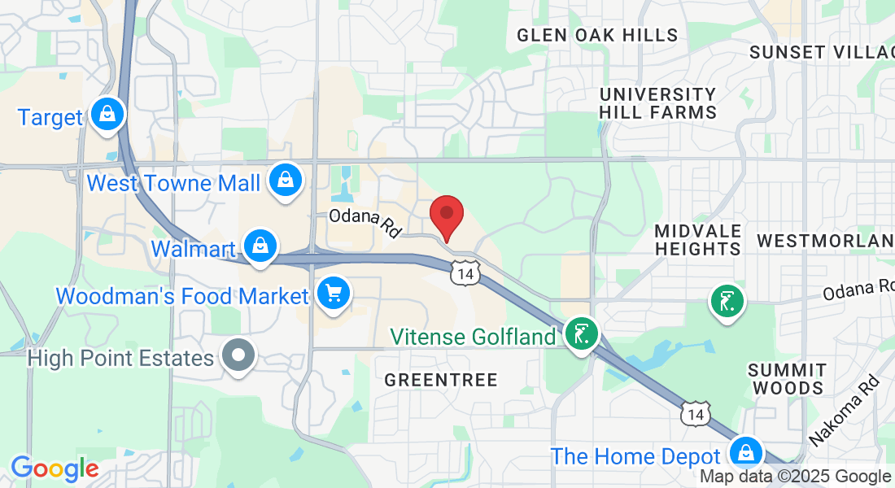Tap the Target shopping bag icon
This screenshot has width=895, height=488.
click(x=107, y=115)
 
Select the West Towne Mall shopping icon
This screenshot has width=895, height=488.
click(x=286, y=180)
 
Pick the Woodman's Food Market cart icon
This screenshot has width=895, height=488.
click(x=333, y=294)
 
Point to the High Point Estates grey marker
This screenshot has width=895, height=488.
click(x=238, y=355)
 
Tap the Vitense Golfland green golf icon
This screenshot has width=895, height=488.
click(x=581, y=333)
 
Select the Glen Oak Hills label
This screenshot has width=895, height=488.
click(x=597, y=35)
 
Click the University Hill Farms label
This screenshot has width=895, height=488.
click(x=657, y=103)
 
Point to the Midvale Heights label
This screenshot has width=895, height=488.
click(x=697, y=239)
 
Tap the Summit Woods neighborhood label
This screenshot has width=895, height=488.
click(x=787, y=378)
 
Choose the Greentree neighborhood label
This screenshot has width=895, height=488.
click(x=440, y=380)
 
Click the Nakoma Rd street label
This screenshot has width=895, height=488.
click(x=845, y=410)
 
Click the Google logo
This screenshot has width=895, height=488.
click(x=54, y=468)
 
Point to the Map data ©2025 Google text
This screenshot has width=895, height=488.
click(x=796, y=477)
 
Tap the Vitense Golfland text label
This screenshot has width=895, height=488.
click(x=473, y=336)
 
